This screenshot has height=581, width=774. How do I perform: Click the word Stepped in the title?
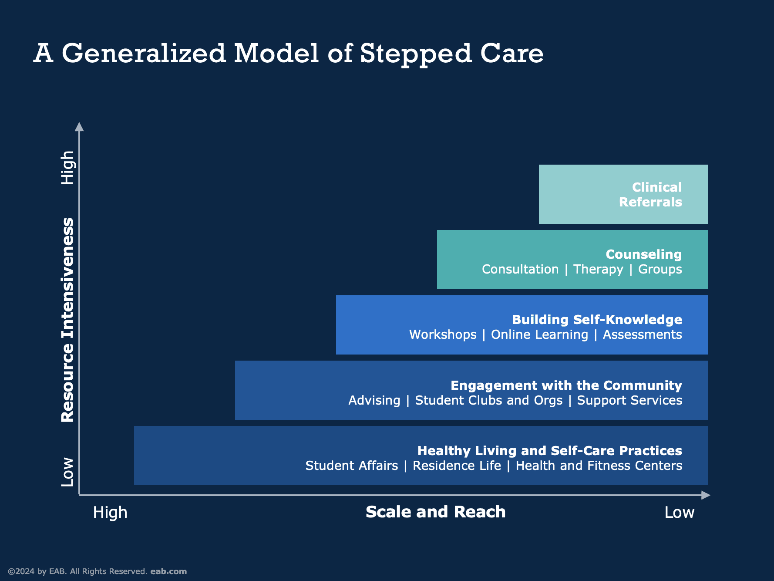pos(416,54)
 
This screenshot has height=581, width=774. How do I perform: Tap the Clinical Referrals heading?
pos(650,195)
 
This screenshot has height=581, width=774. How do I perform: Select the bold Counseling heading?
pos(643,254)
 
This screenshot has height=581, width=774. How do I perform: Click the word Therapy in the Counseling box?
pos(598,270)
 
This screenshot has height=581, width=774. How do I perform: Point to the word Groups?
pos(660,270)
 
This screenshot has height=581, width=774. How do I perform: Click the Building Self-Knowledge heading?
pos(597,320)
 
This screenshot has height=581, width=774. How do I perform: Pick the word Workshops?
pos(443,335)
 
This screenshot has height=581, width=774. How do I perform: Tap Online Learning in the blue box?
pos(539,335)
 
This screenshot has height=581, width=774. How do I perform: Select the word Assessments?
pos(642,335)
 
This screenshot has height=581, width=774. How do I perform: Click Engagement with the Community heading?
pos(566,385)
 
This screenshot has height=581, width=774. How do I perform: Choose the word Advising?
pos(374,401)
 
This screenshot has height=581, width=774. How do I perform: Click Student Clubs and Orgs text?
pos(488,401)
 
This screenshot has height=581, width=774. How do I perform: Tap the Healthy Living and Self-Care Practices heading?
pos(549,451)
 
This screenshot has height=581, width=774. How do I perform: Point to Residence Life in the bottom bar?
pos(457,466)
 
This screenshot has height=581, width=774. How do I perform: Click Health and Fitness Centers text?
pos(599,466)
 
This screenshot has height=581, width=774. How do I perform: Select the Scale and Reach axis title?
pos(435,512)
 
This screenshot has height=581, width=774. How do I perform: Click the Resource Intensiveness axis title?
pos(67,320)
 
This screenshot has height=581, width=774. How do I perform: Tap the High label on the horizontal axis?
pos(110,513)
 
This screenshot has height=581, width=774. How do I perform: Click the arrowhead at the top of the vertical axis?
pos(79,127)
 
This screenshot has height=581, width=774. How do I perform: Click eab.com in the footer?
pos(168,571)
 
